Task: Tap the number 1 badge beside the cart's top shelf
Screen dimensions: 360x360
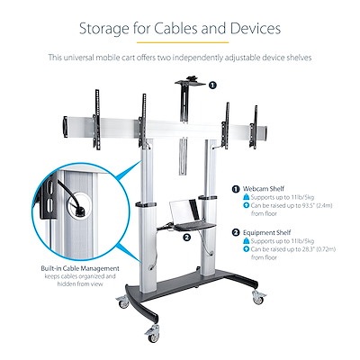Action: click(211, 85)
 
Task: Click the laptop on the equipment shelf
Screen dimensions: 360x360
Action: click(187, 211)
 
